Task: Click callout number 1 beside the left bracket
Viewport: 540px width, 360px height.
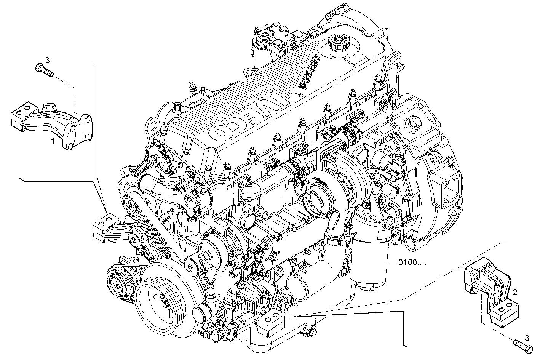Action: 53,141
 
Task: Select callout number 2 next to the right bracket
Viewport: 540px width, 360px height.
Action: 515,292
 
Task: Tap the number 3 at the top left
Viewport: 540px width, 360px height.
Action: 48,60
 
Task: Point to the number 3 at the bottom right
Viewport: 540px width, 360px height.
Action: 527,338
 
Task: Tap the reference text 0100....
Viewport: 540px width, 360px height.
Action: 412,262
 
